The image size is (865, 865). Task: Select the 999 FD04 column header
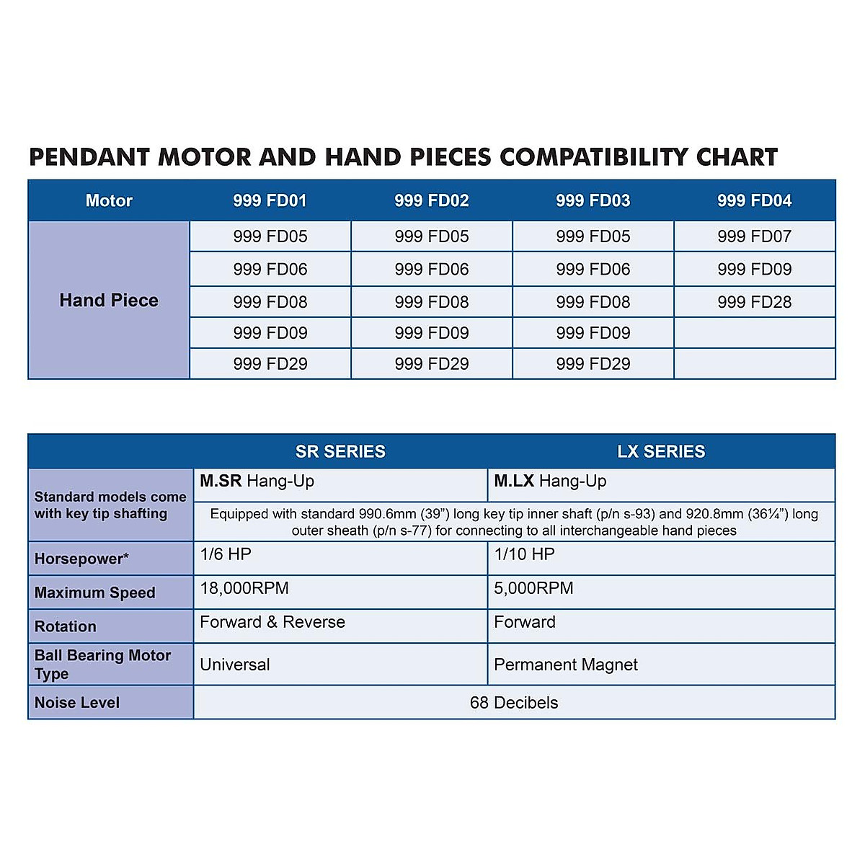click(x=754, y=200)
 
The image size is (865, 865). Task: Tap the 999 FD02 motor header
click(x=431, y=200)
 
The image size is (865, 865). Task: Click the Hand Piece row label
click(x=109, y=300)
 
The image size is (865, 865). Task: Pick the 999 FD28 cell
click(x=754, y=302)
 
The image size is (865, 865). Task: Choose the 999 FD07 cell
click(x=754, y=236)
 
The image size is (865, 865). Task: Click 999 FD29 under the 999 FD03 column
click(x=593, y=364)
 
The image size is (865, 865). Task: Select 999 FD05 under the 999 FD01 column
click(x=270, y=236)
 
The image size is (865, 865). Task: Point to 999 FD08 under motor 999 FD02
click(x=431, y=302)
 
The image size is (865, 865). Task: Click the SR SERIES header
click(x=340, y=452)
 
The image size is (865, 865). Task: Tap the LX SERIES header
click(x=661, y=452)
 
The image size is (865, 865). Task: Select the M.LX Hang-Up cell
click(x=550, y=482)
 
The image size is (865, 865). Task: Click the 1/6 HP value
click(x=226, y=554)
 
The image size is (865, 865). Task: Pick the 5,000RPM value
click(x=533, y=588)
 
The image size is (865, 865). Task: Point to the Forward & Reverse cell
click(x=272, y=622)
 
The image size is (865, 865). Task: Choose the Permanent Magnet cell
click(x=566, y=665)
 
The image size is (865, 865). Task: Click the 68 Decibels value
click(x=514, y=703)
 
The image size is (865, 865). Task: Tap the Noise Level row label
click(x=77, y=703)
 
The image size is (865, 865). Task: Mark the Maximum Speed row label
click(x=94, y=593)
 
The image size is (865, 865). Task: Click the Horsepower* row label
click(x=81, y=559)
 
